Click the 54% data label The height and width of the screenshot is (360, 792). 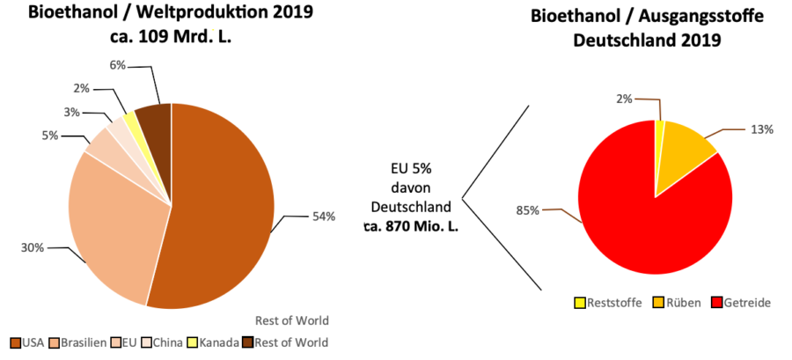(323, 217)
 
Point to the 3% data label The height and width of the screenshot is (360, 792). (72, 113)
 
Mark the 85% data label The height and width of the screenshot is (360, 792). (528, 210)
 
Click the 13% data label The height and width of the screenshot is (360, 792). (761, 129)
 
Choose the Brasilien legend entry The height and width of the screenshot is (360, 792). (79, 342)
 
